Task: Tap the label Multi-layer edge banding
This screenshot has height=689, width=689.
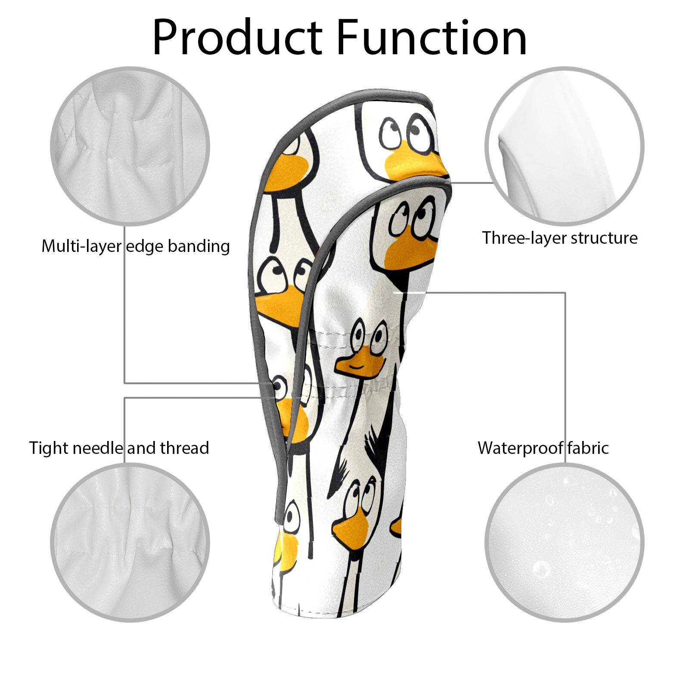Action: click(x=135, y=246)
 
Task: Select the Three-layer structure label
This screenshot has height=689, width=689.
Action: click(x=559, y=238)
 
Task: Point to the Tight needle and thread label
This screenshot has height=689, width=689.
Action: click(x=119, y=448)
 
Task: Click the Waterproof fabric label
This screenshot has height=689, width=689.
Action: click(x=543, y=448)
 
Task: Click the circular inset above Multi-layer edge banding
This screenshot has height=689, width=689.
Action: click(x=130, y=146)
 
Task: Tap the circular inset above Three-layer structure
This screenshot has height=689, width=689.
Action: click(x=564, y=146)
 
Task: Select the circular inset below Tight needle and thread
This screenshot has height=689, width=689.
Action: click(x=130, y=542)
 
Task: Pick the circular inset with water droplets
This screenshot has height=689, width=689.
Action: click(x=564, y=542)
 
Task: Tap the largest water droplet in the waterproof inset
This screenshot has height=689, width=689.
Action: click(x=541, y=569)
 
